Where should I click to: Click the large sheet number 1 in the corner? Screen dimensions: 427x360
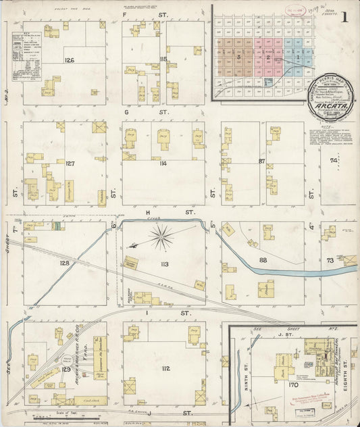(x=344, y=18)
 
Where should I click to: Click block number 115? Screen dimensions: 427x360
(x=163, y=59)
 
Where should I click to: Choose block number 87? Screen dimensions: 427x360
(x=262, y=161)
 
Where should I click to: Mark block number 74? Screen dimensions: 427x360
(x=333, y=161)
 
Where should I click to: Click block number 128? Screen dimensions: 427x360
(x=65, y=263)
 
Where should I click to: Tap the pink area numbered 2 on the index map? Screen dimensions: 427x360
(x=269, y=58)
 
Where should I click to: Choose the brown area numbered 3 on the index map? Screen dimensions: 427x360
(x=239, y=58)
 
